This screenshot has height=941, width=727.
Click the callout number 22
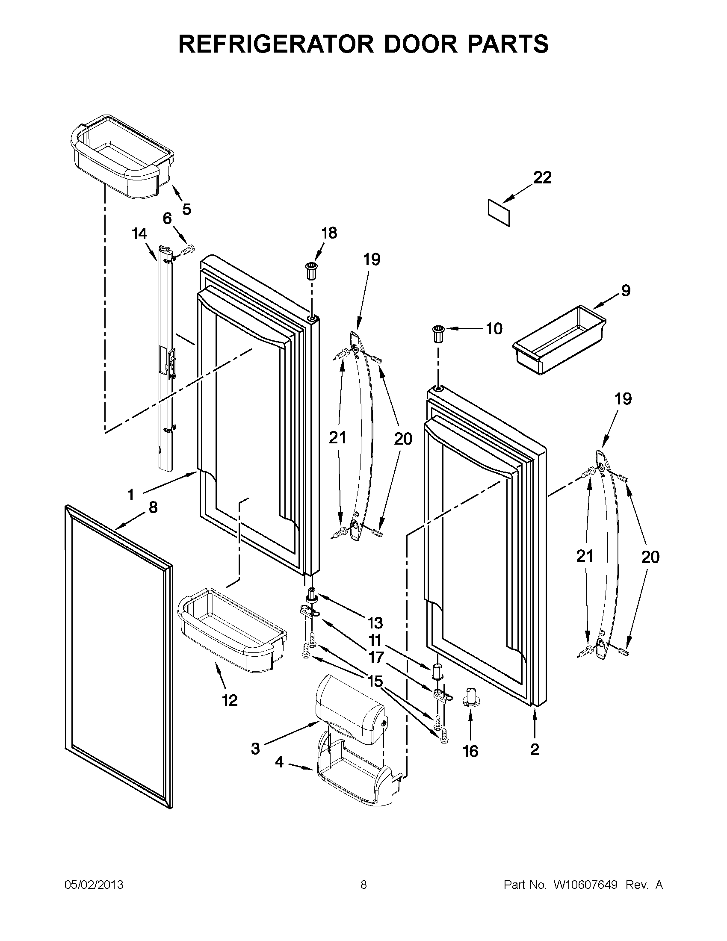coord(542,177)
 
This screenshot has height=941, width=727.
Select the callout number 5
coord(186,209)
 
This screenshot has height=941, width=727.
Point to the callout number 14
coord(139,234)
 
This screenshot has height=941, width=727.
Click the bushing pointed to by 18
coord(312,269)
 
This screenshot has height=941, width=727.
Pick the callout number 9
coord(626,290)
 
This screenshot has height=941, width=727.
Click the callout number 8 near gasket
coord(153,507)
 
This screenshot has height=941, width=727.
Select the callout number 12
coord(230,701)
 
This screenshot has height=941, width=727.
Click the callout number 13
coord(375,622)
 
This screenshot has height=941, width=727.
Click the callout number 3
coord(255,749)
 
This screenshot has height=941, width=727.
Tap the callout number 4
coord(279,762)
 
